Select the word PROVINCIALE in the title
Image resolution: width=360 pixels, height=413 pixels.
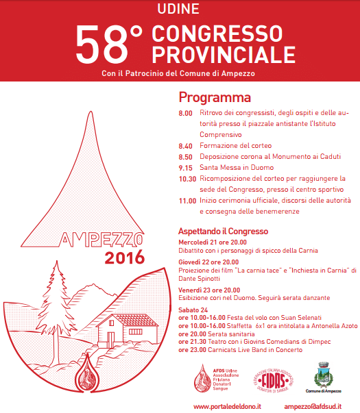(224, 53)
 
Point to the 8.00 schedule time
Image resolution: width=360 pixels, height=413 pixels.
(186, 112)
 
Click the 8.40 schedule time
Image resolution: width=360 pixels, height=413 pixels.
(186, 146)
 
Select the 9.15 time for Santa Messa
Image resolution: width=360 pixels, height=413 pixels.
(186, 167)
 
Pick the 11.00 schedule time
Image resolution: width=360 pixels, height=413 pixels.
(187, 201)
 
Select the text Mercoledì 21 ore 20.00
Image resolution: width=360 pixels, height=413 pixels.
(213, 242)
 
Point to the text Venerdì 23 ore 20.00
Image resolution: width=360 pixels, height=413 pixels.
(208, 290)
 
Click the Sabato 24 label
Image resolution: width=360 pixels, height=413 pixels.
(193, 310)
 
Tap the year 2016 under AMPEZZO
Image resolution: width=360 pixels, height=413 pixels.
(124, 258)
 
